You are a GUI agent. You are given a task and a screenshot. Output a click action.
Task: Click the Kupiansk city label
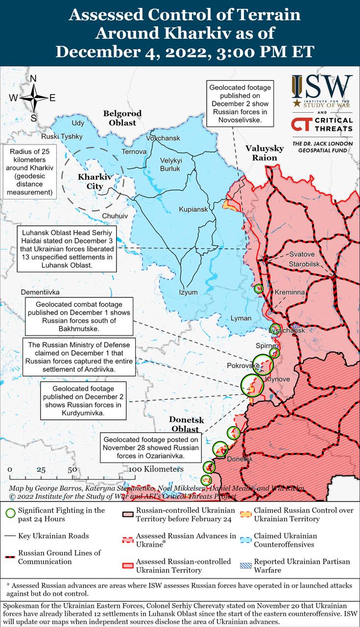tap(193, 209)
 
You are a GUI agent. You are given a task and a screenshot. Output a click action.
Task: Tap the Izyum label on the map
tap(188, 292)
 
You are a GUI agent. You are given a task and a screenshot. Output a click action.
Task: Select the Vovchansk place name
tap(163, 138)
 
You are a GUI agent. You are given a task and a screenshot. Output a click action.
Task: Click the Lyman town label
tap(241, 318)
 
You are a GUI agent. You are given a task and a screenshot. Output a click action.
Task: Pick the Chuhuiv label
tap(115, 216)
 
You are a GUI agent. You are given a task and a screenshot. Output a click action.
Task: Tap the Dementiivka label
tap(40, 292)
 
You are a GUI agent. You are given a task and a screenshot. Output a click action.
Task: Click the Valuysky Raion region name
tap(264, 153)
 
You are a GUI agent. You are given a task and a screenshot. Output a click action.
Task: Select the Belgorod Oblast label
tap(122, 118)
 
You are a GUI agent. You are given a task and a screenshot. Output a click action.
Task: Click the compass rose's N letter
tap(33, 79)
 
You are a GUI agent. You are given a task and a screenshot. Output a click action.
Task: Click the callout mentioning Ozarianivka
tap(150, 448)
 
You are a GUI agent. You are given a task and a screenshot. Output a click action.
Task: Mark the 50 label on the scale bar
tap(72, 469)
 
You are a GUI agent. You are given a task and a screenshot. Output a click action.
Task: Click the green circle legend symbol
tap(9, 514)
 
